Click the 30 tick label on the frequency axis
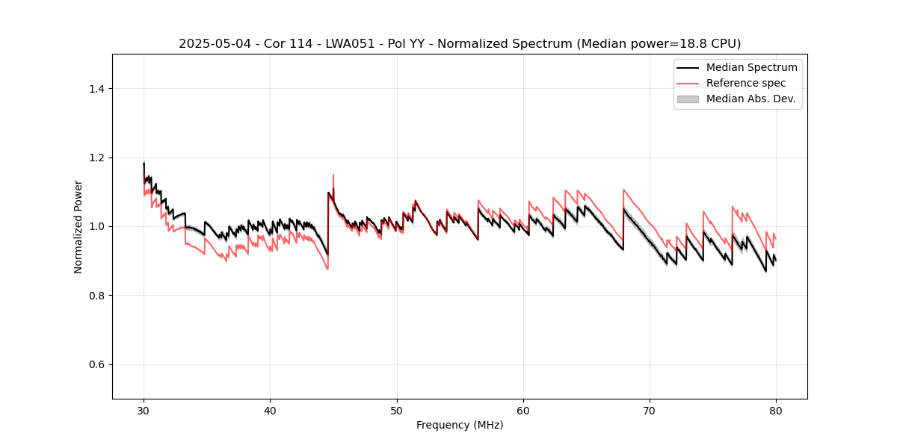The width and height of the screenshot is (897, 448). tap(144, 411)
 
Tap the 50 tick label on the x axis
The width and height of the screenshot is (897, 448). tap(397, 411)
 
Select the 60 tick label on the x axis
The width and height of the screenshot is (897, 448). tap(523, 411)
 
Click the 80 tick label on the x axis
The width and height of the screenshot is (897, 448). tap(776, 411)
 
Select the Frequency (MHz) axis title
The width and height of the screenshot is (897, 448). tap(460, 425)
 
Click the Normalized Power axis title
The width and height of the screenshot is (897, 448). tap(78, 226)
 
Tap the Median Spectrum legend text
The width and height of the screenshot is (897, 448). tap(751, 67)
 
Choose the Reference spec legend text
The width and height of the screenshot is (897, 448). tap(745, 83)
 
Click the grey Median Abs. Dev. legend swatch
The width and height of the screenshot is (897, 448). tap(688, 99)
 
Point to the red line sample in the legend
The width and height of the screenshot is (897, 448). tap(688, 83)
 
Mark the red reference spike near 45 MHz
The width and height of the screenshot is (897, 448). tap(333, 176)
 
